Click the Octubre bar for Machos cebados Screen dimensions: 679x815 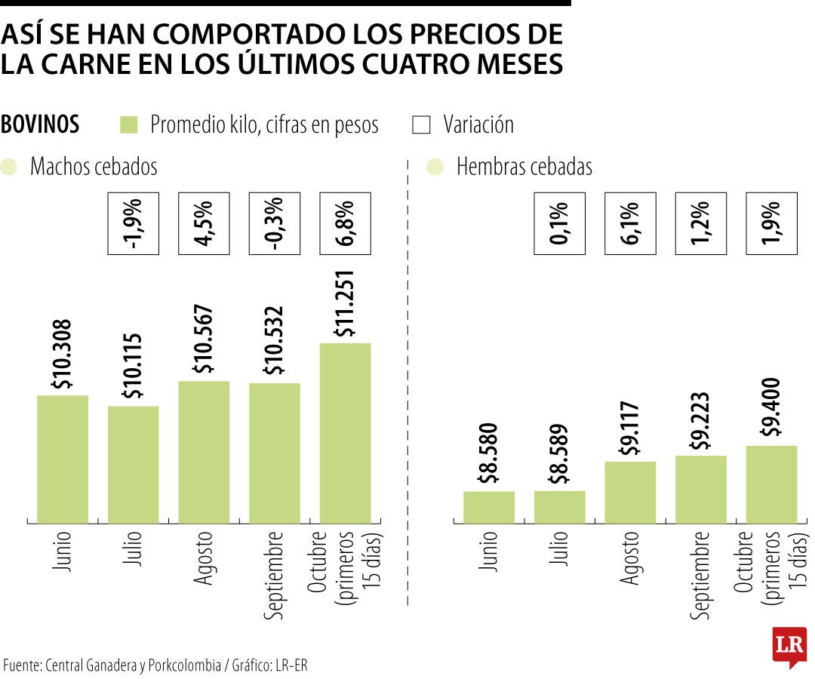[x=346, y=432]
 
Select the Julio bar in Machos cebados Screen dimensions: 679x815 [x=133, y=464]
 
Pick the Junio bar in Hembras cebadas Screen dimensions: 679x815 [x=488, y=507]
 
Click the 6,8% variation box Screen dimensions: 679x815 [x=346, y=223]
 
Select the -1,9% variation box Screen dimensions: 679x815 [x=133, y=223]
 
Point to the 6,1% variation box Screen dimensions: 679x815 [x=630, y=223]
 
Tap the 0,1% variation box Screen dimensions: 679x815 [x=559, y=223]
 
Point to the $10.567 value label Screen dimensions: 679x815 [x=204, y=339]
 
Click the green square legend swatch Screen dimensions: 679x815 [x=130, y=125]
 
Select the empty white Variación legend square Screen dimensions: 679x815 [x=421, y=125]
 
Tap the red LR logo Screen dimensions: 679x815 [x=789, y=646]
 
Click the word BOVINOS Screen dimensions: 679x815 [x=41, y=124]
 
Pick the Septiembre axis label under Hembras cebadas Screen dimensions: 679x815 [x=700, y=575]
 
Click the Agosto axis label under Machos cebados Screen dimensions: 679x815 [x=204, y=559]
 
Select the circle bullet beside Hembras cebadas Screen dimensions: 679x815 [x=435, y=167]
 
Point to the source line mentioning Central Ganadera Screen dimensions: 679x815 [x=155, y=665]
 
